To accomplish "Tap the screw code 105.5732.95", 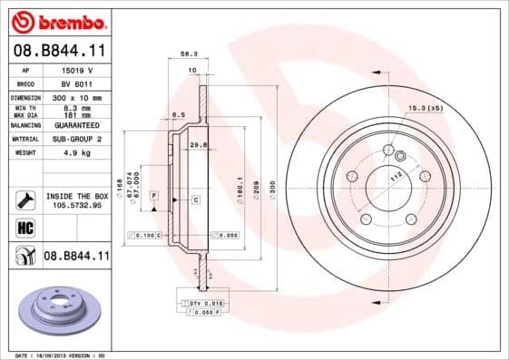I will (76, 205).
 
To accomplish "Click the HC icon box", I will (25, 229).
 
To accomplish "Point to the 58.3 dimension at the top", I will (189, 54).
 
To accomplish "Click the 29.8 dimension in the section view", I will (198, 144).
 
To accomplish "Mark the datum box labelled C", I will (195, 198).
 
